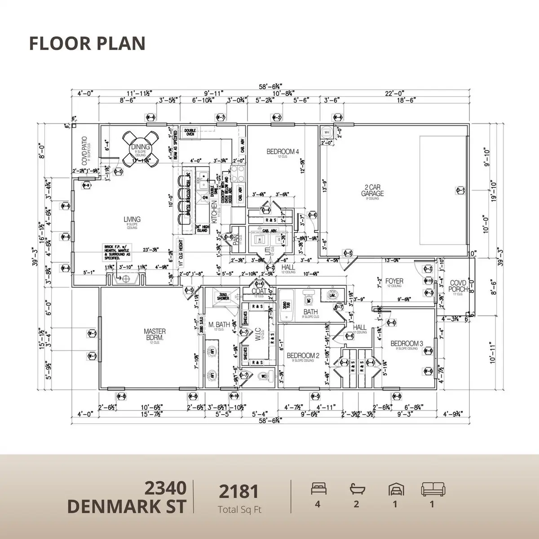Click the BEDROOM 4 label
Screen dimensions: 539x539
pos(283,151)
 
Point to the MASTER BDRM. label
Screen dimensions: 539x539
pos(155,334)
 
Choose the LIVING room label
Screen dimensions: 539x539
pos(132,220)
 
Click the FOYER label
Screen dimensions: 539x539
pos(394,281)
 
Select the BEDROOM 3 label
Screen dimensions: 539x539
pos(406,344)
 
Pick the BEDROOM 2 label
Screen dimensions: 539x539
pos(303,355)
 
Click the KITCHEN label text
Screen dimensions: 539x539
pos(215,212)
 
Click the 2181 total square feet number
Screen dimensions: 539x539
pos(239,492)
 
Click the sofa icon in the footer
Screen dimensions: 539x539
pos(432,489)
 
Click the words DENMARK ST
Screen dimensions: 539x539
pos(127,506)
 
